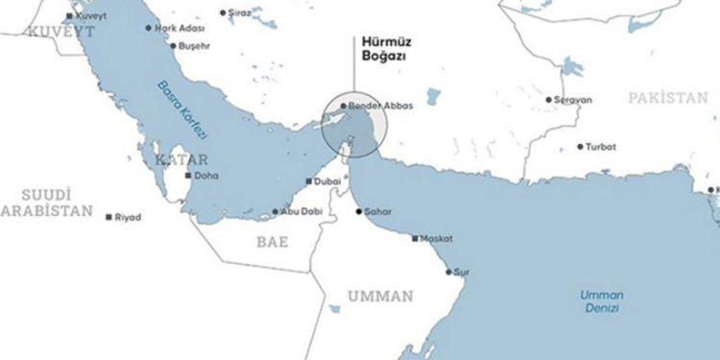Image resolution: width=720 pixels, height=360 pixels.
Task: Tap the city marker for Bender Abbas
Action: [x=344, y=106]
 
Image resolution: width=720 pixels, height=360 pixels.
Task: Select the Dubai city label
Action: [x=327, y=181]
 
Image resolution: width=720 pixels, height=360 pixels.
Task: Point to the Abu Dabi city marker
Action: [x=276, y=212]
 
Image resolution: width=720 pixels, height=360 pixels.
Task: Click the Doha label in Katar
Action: [x=206, y=177]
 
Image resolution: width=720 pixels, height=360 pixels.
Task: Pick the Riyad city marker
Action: [x=109, y=217]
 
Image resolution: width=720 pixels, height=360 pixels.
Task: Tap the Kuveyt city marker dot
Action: [x=68, y=17]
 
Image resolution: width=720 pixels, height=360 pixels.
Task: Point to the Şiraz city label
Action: [x=241, y=12]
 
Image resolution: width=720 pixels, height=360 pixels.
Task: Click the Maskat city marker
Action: [x=415, y=238]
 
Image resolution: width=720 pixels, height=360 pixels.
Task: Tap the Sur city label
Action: [x=462, y=272]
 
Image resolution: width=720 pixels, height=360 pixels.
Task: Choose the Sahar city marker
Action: [x=358, y=211]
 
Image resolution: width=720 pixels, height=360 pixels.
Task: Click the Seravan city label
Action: [x=573, y=100]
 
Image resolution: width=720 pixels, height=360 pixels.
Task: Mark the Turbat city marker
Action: [x=579, y=147]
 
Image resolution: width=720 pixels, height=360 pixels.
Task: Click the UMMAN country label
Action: [x=381, y=296]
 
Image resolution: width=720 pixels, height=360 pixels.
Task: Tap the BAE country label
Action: [x=272, y=243]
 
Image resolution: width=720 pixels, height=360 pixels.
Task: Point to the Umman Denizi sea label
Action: [x=603, y=300]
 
